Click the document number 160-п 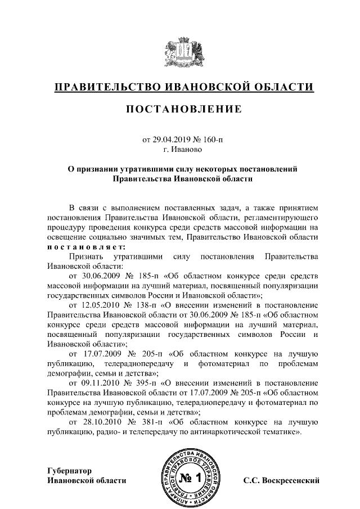(x=214, y=139)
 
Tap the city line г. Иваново (x=180, y=150)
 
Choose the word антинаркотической (x=223, y=432)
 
